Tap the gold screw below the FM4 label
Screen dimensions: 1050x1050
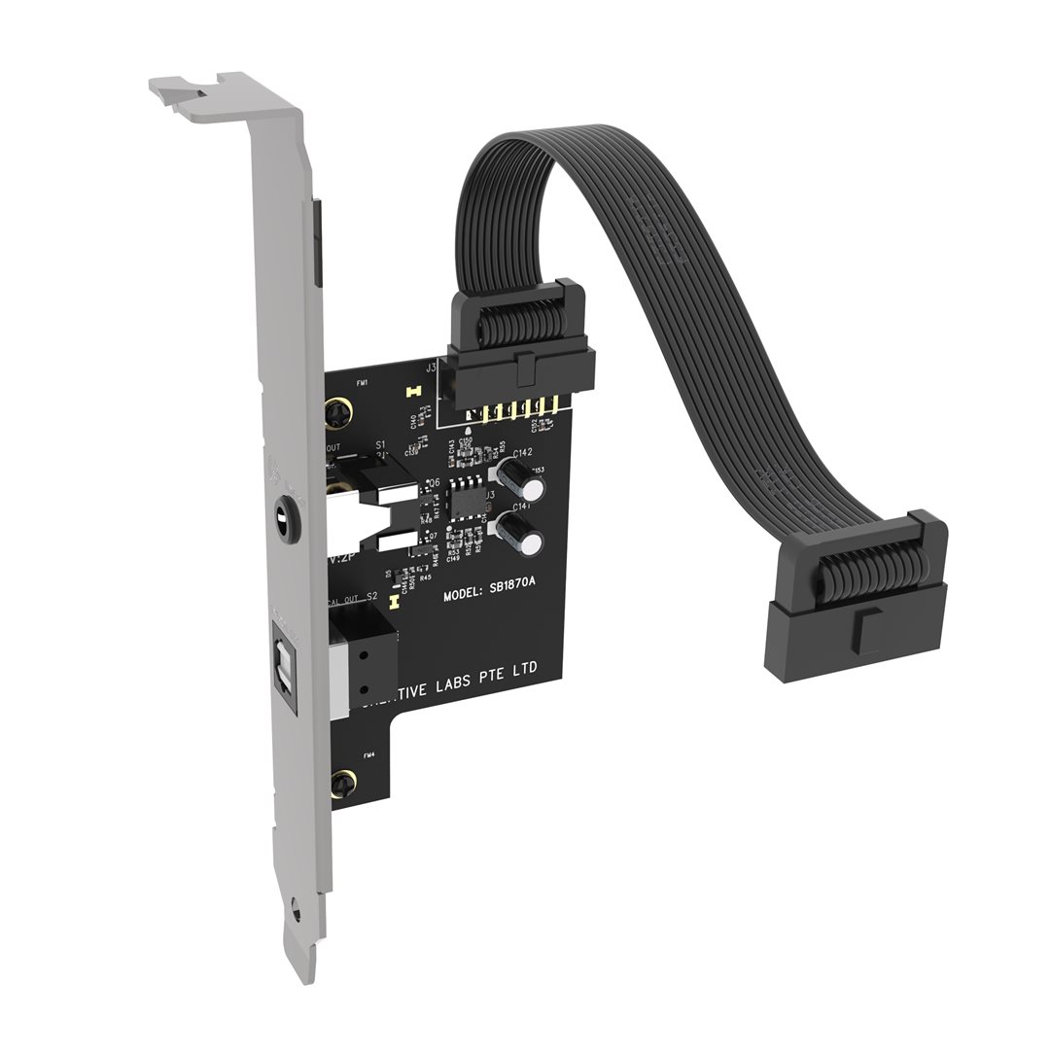pos(341,784)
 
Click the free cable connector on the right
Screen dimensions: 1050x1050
pos(856,603)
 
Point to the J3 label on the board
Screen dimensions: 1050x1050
pos(430,367)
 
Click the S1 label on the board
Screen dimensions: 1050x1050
pos(381,446)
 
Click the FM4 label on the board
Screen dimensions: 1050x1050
pos(368,754)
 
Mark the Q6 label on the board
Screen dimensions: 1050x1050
pos(433,482)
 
